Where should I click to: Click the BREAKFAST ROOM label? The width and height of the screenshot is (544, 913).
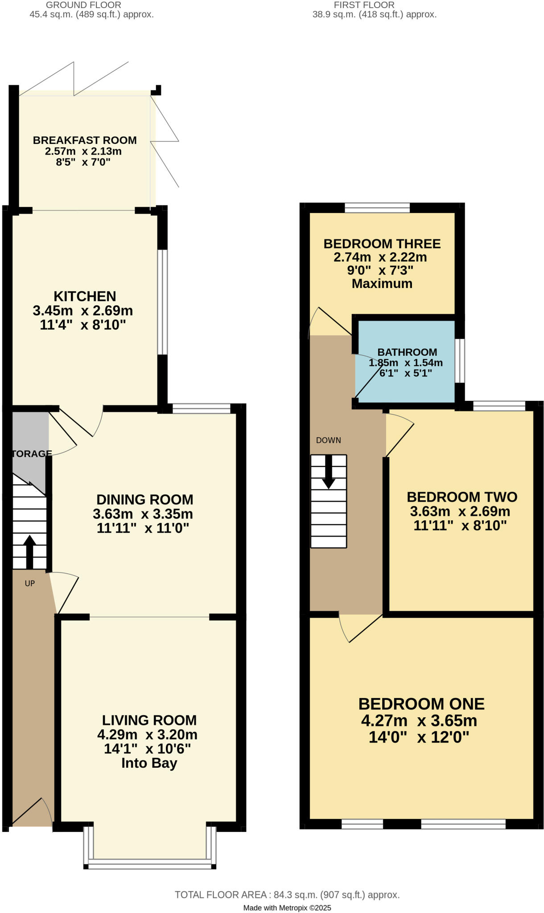point(85,140)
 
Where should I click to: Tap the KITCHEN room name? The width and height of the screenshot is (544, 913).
point(85,296)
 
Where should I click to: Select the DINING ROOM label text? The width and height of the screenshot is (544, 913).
point(144,499)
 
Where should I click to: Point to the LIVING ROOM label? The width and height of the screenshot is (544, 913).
point(149,720)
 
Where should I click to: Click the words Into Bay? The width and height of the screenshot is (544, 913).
point(149,763)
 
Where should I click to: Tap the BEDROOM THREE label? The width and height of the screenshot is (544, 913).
point(382,244)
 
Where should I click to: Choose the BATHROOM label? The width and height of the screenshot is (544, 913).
point(407,352)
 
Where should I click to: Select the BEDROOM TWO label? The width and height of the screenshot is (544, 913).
point(462,497)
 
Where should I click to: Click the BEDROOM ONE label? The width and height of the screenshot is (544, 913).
point(421,704)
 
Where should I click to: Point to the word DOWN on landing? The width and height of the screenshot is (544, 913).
point(328,440)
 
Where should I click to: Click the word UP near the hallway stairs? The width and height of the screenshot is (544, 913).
point(29,583)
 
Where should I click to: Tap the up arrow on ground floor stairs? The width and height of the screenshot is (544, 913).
point(29,551)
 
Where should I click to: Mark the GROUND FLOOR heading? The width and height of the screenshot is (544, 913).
point(83,5)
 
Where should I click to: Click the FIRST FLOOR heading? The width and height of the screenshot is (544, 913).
point(364,5)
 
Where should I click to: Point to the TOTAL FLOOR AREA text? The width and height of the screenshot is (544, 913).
point(287,895)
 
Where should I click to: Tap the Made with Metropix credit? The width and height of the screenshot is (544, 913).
point(287,908)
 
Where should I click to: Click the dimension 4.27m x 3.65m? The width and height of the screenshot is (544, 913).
point(419,721)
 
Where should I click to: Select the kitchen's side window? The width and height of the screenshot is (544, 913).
point(163,302)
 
